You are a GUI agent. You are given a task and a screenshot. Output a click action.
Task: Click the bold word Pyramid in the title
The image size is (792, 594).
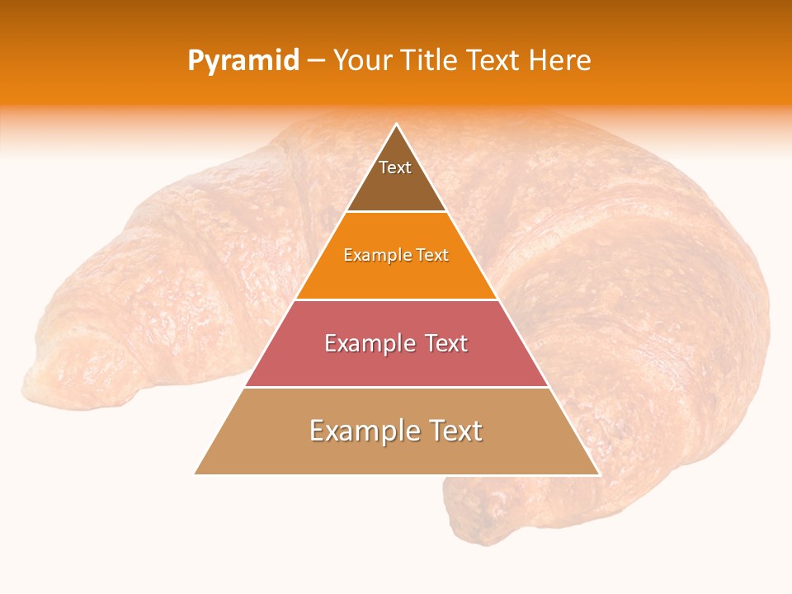tap(243, 61)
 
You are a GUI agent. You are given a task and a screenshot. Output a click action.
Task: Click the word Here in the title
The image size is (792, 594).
tap(560, 61)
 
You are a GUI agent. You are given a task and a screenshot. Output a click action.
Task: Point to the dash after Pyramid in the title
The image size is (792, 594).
tap(316, 62)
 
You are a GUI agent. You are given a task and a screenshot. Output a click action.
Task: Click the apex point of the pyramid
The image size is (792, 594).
tap(396, 125)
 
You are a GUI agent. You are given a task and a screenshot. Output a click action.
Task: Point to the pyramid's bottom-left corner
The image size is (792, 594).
tap(195, 474)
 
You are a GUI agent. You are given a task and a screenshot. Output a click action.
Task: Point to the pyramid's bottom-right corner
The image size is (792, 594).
tap(598, 474)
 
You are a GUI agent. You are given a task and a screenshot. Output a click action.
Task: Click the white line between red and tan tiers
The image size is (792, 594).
tap(396, 387)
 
